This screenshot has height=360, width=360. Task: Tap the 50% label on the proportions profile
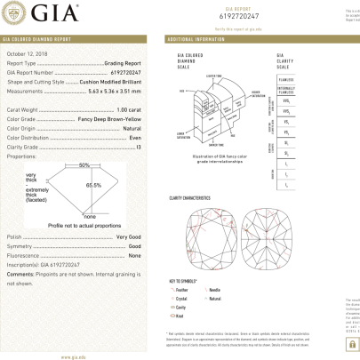(84, 166)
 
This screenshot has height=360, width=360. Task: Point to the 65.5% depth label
(93, 184)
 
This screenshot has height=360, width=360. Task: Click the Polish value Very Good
(128, 237)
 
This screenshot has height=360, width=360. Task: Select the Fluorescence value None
(134, 256)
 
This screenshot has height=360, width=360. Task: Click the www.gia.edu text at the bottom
(72, 356)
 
